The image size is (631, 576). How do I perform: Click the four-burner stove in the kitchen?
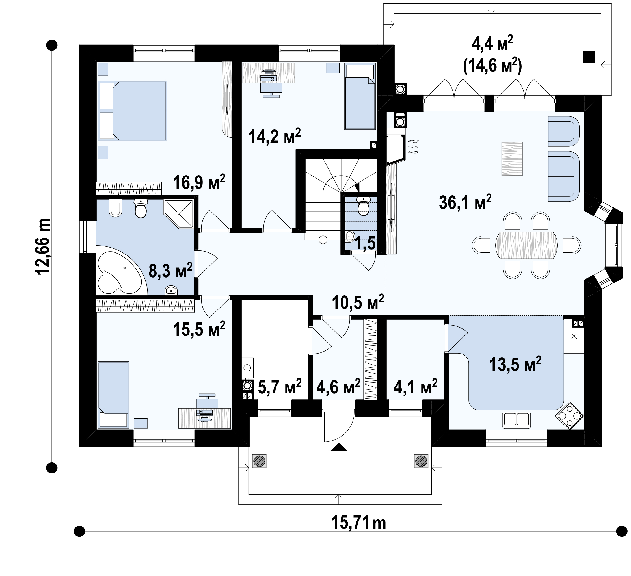click(x=569, y=416)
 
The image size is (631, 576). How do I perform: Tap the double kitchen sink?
click(x=517, y=420)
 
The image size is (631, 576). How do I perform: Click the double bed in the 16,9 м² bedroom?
click(x=132, y=111)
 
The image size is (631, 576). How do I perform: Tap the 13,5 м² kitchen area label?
click(x=515, y=364)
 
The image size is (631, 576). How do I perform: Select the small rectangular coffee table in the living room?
click(x=512, y=159)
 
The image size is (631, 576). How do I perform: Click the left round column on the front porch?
click(x=259, y=461)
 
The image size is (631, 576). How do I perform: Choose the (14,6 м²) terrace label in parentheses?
click(x=492, y=66)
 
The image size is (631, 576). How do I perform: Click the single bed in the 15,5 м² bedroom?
click(x=113, y=395)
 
